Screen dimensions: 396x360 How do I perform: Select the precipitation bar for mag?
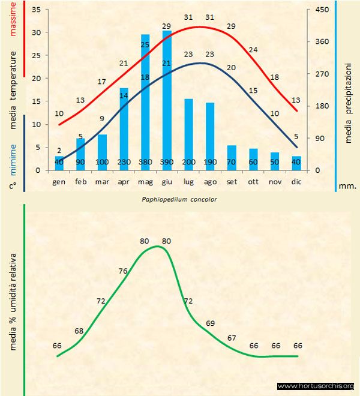tap(145, 102)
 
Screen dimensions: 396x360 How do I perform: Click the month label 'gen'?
tap(59, 181)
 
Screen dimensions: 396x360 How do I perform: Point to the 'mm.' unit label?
tap(347, 185)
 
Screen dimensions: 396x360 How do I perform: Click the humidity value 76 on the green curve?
tap(124, 271)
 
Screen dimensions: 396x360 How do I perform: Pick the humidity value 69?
tap(210, 323)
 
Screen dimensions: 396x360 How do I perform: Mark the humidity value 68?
tap(79, 331)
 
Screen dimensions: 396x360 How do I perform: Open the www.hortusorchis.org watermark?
tap(316, 386)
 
